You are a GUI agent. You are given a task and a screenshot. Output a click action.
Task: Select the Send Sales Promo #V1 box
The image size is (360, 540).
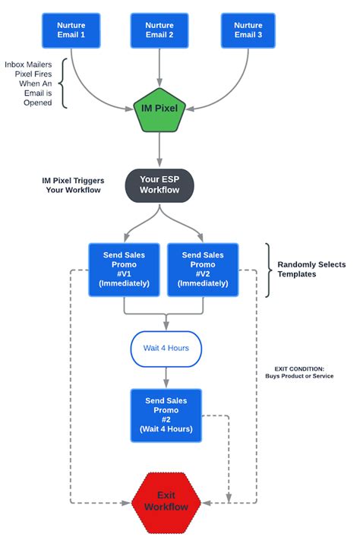124,270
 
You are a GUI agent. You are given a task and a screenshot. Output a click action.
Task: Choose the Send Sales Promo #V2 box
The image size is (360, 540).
203,270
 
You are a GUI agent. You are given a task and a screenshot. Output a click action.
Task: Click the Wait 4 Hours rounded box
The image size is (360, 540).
166,349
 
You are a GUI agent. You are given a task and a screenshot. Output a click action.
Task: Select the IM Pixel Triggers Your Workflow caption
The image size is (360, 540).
73,185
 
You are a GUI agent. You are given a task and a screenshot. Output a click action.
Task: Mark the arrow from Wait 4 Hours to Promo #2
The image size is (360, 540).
166,377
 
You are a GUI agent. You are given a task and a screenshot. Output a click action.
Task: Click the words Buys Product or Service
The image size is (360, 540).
298,376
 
